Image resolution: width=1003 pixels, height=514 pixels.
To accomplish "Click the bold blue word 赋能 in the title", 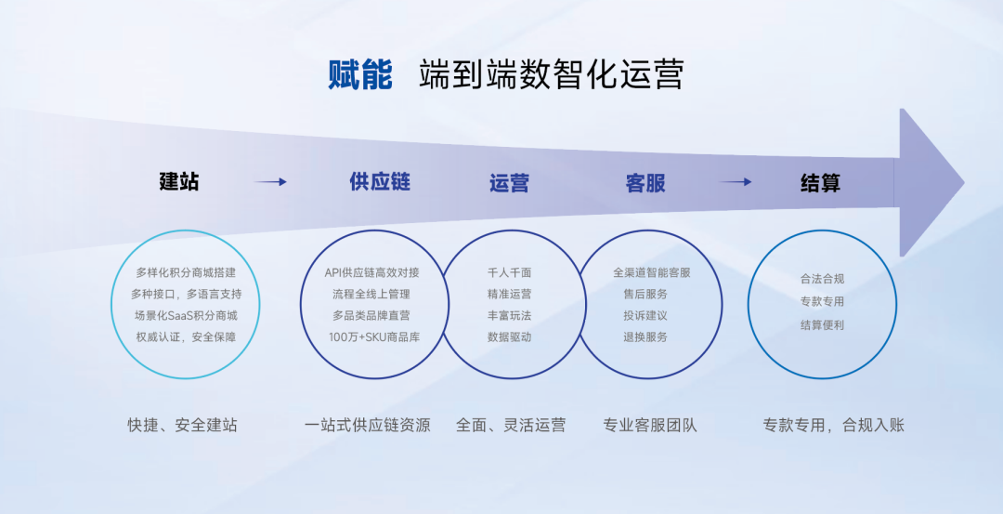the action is (360, 74).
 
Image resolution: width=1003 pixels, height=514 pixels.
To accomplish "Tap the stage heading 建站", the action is (179, 182).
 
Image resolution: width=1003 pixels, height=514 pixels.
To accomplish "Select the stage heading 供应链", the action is (380, 182).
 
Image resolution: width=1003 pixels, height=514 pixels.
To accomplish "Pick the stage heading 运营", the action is (509, 183).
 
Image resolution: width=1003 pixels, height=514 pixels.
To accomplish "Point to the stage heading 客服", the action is (645, 183).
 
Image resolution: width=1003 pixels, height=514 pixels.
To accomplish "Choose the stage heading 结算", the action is (821, 183).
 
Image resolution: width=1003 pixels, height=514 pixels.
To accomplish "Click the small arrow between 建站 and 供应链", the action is (270, 182).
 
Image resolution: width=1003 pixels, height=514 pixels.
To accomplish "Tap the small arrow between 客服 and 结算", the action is (735, 182).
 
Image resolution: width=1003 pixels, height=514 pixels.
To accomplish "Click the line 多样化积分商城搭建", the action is (186, 272).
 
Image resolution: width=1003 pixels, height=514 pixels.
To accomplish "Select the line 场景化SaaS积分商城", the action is (186, 316).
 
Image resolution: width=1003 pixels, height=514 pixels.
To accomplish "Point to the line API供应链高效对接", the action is (371, 272).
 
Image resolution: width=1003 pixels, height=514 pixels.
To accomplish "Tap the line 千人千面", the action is (509, 272).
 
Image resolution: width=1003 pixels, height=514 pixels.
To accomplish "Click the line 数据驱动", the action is (509, 336).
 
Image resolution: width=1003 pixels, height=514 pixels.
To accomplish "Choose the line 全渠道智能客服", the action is (652, 272).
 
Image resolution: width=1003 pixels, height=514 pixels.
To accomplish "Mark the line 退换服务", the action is (645, 336).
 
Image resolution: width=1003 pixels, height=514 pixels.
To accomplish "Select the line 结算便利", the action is (822, 325).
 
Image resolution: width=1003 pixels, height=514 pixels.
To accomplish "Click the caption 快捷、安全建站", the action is (182, 425).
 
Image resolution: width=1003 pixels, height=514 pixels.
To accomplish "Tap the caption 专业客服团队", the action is (650, 425).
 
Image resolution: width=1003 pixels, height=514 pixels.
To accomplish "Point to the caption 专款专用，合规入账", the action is (833, 425).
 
